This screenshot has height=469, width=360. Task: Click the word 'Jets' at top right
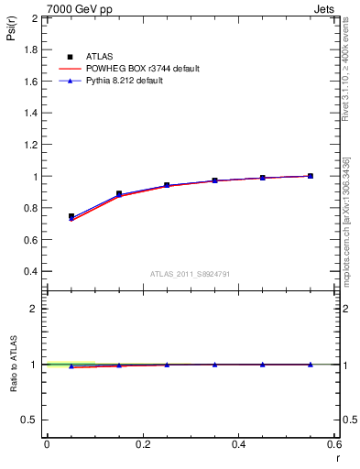[325, 7]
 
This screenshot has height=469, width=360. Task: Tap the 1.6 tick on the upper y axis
[30, 82]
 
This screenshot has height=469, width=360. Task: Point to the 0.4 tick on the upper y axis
[30, 272]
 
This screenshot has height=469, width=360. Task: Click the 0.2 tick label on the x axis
[143, 444]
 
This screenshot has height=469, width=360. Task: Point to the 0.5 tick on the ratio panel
[32, 420]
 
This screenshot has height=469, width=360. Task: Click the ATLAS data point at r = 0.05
[71, 217]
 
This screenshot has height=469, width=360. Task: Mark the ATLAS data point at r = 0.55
[311, 176]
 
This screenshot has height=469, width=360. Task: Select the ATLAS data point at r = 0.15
[119, 194]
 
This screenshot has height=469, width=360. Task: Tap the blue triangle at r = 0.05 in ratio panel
[71, 366]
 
